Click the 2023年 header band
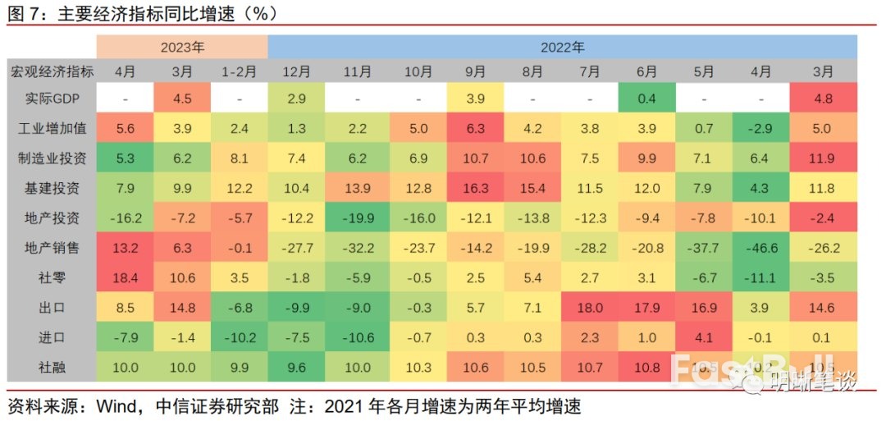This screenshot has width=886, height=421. pyautogui.click(x=182, y=47)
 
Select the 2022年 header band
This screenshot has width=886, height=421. pyautogui.click(x=562, y=47)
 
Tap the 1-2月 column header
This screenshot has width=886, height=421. pyautogui.click(x=239, y=71)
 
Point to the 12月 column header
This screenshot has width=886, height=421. pyautogui.click(x=296, y=71)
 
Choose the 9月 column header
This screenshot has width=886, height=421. pyautogui.click(x=476, y=71)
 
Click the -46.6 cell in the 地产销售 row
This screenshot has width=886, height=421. pyautogui.click(x=762, y=248)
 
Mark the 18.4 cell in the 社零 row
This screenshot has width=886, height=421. pyautogui.click(x=125, y=277)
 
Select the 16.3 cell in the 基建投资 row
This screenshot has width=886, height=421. pyautogui.click(x=476, y=189)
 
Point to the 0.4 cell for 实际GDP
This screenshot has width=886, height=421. pyautogui.click(x=647, y=99)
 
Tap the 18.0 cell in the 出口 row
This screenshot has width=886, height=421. pyautogui.click(x=590, y=308)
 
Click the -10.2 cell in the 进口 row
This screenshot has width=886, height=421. pyautogui.click(x=239, y=337)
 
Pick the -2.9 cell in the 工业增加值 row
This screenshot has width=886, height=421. pyautogui.click(x=762, y=129)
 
